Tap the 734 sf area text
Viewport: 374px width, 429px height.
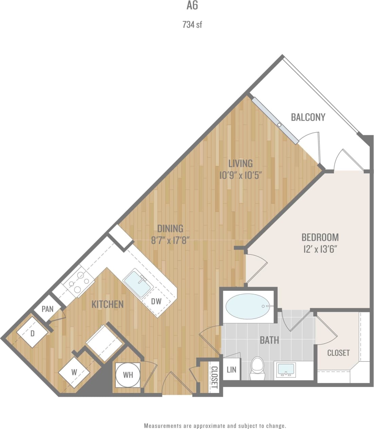coord(192,24)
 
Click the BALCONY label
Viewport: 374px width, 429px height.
coord(308,117)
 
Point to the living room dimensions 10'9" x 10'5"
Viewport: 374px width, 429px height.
coord(241,175)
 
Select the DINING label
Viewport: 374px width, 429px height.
coord(170,228)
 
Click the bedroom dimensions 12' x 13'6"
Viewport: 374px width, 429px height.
coord(320,249)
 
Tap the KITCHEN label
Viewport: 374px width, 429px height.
coord(107,304)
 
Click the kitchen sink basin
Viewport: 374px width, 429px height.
coord(137,284)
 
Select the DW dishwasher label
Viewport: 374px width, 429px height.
coord(156,301)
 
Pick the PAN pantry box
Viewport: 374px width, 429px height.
coord(48,309)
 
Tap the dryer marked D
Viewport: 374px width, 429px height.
coord(33,333)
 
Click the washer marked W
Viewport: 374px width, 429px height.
coord(74,372)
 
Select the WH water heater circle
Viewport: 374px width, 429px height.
coord(128,375)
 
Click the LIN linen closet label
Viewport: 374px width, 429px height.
coord(231,369)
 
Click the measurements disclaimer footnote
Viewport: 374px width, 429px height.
coord(215,426)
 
